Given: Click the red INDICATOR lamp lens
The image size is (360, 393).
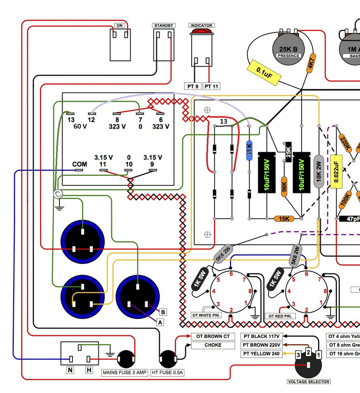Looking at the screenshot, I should (201, 33).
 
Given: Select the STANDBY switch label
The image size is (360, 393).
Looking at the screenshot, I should (163, 26).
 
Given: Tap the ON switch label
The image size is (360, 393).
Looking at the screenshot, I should (120, 26).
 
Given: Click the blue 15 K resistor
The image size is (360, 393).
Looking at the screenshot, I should (249, 149).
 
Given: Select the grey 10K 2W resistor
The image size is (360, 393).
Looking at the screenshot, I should (318, 169).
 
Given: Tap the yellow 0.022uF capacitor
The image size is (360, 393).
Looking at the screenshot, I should (336, 171).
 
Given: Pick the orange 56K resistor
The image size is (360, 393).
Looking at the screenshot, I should (284, 188).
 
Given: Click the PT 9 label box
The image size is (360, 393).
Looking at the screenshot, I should (193, 86).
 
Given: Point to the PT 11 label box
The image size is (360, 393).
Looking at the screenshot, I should (211, 86).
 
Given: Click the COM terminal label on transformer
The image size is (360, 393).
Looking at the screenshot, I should (80, 164).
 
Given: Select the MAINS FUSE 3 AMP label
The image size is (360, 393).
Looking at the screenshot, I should (124, 373).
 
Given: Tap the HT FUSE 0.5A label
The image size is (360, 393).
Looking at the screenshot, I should (167, 373).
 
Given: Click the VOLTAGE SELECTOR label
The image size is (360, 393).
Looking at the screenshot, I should (308, 381).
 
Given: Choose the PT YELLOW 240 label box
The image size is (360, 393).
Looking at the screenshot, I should (261, 354).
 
